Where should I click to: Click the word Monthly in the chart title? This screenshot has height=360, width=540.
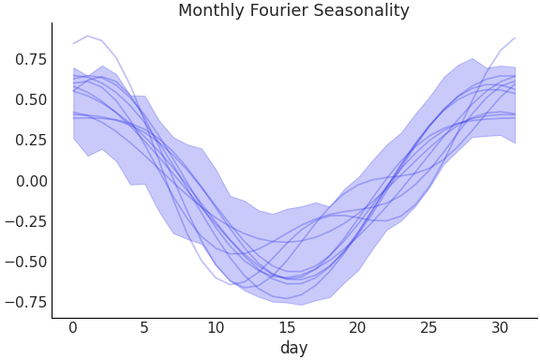(x=210, y=11)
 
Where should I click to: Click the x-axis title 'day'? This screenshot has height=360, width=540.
(x=293, y=349)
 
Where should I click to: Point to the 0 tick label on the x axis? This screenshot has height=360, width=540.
(x=72, y=328)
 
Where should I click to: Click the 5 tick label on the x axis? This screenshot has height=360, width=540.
(x=143, y=328)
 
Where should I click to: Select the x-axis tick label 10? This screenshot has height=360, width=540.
(x=215, y=328)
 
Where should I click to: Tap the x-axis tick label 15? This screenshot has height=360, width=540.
(x=286, y=328)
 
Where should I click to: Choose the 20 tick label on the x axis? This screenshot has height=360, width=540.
(x=357, y=328)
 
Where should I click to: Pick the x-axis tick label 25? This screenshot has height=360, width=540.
(x=428, y=328)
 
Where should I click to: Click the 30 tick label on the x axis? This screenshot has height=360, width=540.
(x=500, y=328)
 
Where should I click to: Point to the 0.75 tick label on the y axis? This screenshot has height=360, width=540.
(x=28, y=59)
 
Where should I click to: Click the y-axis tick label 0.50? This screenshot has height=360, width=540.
(x=28, y=99)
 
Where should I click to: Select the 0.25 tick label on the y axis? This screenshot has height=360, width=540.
(x=28, y=141)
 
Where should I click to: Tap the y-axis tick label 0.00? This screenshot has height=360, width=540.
(x=28, y=181)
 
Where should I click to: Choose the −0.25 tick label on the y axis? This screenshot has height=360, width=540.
(x=23, y=221)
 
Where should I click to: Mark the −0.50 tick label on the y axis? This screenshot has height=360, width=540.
(x=23, y=262)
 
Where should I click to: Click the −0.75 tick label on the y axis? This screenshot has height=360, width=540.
(x=23, y=302)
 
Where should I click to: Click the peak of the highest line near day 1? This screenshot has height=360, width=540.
(x=87, y=37)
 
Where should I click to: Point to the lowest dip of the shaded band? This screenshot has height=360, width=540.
(x=300, y=305)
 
